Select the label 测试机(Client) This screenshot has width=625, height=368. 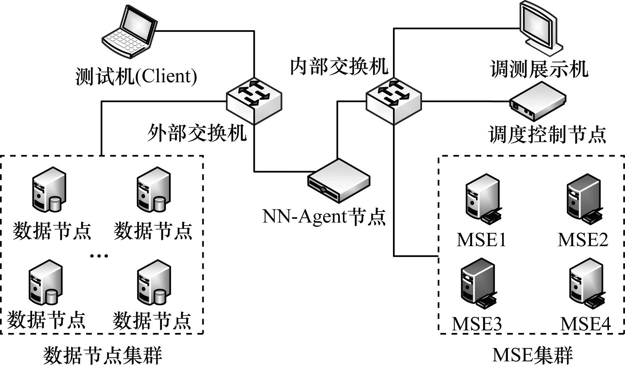coord(137,76)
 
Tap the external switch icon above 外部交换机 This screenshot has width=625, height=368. coord(254,102)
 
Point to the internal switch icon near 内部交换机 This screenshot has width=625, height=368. coord(394,102)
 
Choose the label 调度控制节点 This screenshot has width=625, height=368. coord(547,134)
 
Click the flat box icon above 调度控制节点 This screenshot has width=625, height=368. coord(538,101)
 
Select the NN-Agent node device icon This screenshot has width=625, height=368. coord(339,181)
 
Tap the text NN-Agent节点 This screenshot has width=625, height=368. coord(324,217)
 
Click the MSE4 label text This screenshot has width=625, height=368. coord(585,324)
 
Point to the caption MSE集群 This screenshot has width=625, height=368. coord(533,355)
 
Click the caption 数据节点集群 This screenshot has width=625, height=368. coord(102,356)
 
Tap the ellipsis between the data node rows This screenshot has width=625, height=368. coord(99,256)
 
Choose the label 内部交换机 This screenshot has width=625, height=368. coord(339,66)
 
